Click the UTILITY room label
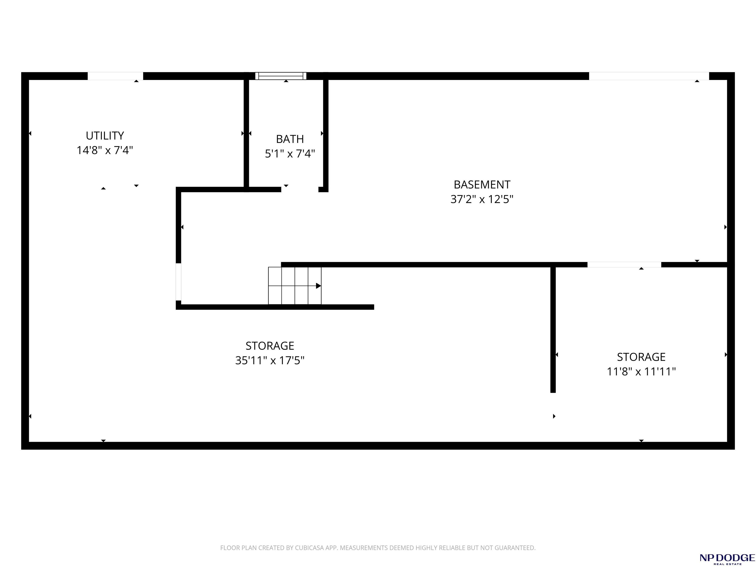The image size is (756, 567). tap(105, 136)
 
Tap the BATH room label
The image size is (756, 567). tap(290, 139)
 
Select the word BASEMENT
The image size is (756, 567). tap(482, 185)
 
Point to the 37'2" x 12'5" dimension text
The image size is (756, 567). tap(482, 199)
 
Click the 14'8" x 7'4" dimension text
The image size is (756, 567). tap(105, 150)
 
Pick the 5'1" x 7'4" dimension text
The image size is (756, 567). tap(290, 154)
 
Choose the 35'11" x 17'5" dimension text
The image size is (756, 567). tap(270, 360)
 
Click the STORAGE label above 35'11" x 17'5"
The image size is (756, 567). tap(270, 346)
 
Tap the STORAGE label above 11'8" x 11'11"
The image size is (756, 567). tap(641, 357)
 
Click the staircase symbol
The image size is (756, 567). tap(295, 286)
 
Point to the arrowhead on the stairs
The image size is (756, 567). tap(318, 286)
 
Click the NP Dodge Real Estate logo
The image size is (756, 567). tap(727, 558)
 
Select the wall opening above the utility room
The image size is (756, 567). tap(115, 76)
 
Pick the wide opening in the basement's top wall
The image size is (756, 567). tap(649, 76)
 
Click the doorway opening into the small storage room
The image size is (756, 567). tap(624, 265)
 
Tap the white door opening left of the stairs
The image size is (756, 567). tap(178, 282)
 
